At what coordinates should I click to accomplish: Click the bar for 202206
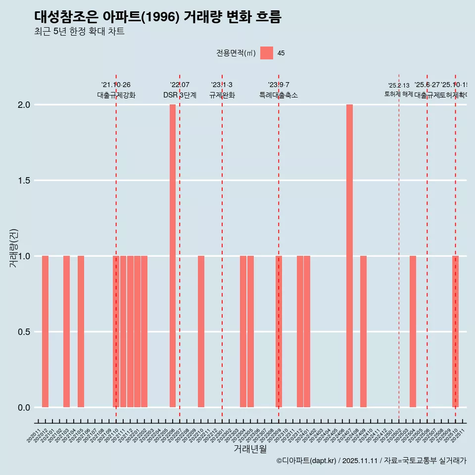[x=173, y=256]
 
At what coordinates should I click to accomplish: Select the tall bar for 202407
[x=349, y=256]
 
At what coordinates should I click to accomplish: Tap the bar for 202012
[x=45, y=332]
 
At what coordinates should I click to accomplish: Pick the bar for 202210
[x=201, y=332]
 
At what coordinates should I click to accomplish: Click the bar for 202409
[x=363, y=332]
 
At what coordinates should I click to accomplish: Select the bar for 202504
[x=413, y=332]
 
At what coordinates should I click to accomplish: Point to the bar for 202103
[x=66, y=332]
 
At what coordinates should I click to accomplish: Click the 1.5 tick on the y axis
[x=24, y=181]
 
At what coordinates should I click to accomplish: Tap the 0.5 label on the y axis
[x=24, y=332]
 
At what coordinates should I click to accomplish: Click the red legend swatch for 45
[x=267, y=53]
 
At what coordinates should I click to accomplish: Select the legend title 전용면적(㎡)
[x=236, y=53]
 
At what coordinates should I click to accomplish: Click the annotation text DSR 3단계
[x=180, y=95]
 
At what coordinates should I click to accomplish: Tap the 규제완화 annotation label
[x=222, y=95]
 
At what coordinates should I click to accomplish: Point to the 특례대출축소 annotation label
[x=279, y=95]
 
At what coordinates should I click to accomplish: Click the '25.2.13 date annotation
[x=398, y=86]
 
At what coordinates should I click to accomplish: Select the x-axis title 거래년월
[x=250, y=449]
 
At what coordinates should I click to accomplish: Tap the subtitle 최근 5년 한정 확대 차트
[x=79, y=32]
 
